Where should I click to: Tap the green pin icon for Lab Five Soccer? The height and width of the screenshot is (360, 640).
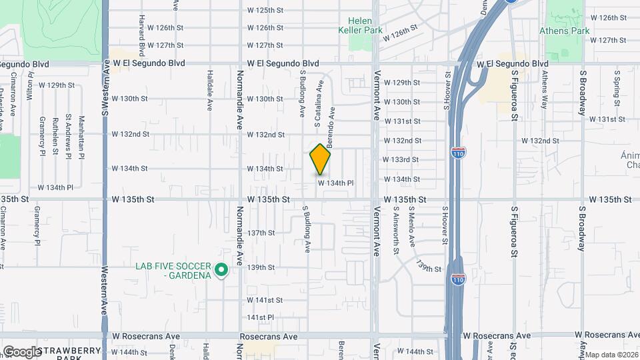point(222,271)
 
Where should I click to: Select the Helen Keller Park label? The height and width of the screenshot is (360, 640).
point(360,25)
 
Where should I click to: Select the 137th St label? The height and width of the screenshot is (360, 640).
point(261,233)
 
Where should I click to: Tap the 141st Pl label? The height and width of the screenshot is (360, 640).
point(261,317)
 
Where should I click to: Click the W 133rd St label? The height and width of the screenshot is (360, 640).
point(401,160)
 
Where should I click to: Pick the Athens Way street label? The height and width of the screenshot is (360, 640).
point(544,89)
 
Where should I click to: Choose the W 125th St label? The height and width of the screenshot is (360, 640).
point(265,11)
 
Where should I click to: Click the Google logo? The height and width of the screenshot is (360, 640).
point(22,351)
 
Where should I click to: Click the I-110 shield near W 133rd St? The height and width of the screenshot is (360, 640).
point(458,153)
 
